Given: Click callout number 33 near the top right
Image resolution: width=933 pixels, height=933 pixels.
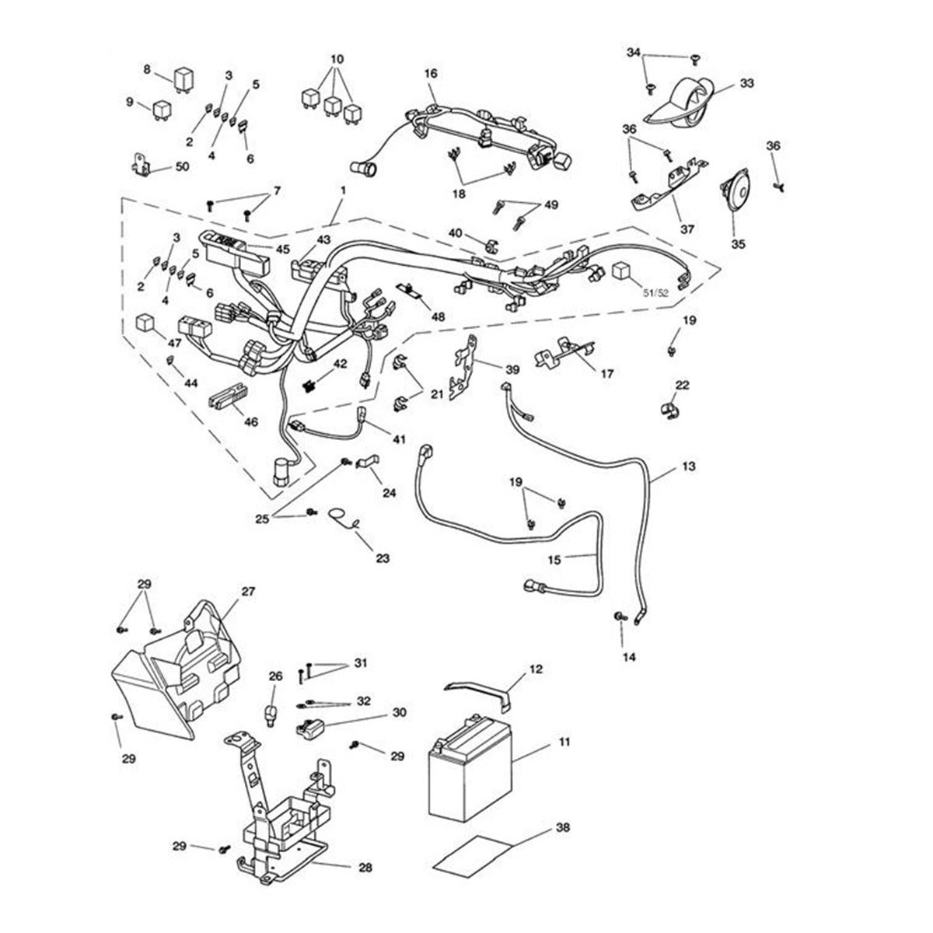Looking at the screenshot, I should [x=746, y=82].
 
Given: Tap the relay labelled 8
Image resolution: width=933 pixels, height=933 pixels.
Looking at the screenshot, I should [x=183, y=79].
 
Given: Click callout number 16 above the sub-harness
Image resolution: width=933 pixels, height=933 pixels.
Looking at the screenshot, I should [x=431, y=73].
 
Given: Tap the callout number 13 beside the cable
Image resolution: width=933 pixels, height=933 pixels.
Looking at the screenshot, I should [x=689, y=466].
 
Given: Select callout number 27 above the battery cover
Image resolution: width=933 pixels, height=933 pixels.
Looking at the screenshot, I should [x=247, y=591].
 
